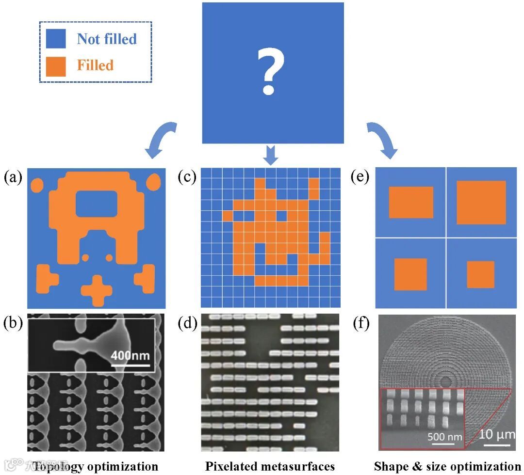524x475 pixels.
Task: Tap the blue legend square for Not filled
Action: click(x=56, y=38)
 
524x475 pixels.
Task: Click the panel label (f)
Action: click(x=360, y=322)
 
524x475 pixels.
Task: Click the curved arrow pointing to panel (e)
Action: click(x=381, y=141)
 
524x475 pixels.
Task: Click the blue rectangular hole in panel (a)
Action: click(x=96, y=203)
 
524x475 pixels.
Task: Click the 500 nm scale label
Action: click(x=445, y=436)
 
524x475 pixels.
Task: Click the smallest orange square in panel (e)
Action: click(x=480, y=274)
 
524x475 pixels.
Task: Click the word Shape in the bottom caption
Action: click(x=390, y=466)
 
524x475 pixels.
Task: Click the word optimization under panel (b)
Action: click(x=123, y=466)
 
